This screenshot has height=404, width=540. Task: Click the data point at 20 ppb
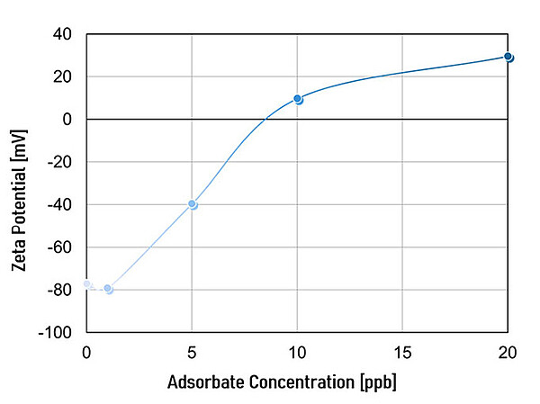tap(508, 57)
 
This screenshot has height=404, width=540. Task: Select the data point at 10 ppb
tap(298, 99)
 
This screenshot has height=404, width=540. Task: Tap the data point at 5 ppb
tap(193, 204)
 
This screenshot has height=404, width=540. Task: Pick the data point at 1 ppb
tap(108, 289)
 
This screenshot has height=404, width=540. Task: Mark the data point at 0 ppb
tap(87, 284)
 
